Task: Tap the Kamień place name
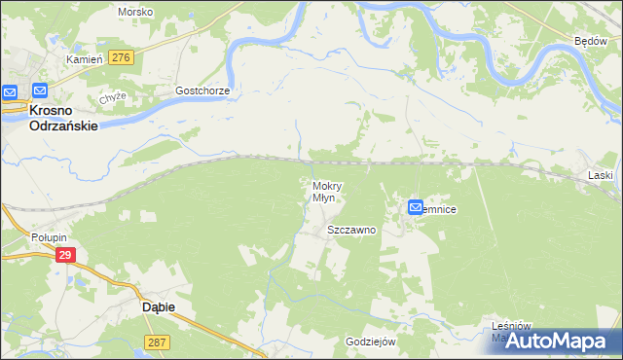click(x=84, y=59)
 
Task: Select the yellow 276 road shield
click(x=121, y=58)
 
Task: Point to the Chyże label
click(x=113, y=98)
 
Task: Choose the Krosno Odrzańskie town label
click(x=50, y=118)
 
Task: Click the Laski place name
click(x=601, y=175)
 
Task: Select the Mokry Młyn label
click(x=324, y=191)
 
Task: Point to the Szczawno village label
click(x=351, y=231)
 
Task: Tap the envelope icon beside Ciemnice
click(x=416, y=207)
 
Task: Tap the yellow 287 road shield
click(x=158, y=342)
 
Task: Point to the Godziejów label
click(x=370, y=342)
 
